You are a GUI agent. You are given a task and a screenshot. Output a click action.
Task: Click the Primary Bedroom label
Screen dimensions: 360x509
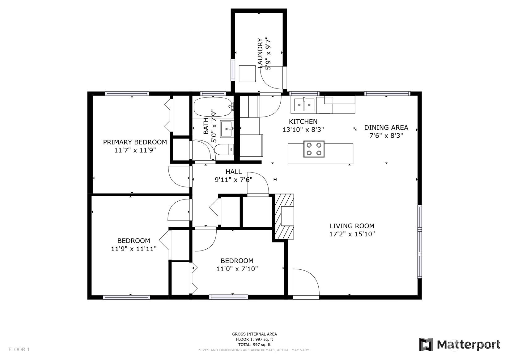(135, 142)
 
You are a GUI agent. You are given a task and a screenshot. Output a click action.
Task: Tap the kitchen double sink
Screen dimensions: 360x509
(304, 105)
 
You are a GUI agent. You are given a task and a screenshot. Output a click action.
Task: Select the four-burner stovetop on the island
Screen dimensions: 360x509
(314, 149)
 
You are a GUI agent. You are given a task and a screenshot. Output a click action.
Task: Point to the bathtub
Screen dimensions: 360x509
(213, 107)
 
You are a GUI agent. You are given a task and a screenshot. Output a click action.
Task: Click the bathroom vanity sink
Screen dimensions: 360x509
(227, 129)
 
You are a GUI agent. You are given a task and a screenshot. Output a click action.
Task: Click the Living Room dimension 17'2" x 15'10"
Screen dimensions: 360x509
(352, 234)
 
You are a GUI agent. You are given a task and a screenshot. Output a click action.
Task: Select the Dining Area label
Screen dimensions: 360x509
(386, 127)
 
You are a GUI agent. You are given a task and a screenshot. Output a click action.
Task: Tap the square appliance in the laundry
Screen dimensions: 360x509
(247, 73)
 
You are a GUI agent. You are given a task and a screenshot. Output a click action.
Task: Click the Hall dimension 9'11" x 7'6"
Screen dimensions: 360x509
(234, 179)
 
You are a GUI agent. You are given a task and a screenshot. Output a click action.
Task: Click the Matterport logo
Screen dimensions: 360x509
(460, 344)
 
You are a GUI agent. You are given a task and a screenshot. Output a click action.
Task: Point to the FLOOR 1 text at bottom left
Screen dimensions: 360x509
(19, 349)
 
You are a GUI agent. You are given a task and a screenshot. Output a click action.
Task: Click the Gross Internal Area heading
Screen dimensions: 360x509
(254, 334)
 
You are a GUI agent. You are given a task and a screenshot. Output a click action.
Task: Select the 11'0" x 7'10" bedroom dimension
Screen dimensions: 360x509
(237, 269)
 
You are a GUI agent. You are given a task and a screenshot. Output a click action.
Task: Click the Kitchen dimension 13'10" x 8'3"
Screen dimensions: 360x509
(303, 130)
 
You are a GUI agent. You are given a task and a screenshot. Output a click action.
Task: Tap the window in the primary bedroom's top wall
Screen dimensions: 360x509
(127, 93)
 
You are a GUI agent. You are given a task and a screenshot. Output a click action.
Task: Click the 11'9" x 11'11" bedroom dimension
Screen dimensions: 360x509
(134, 249)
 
